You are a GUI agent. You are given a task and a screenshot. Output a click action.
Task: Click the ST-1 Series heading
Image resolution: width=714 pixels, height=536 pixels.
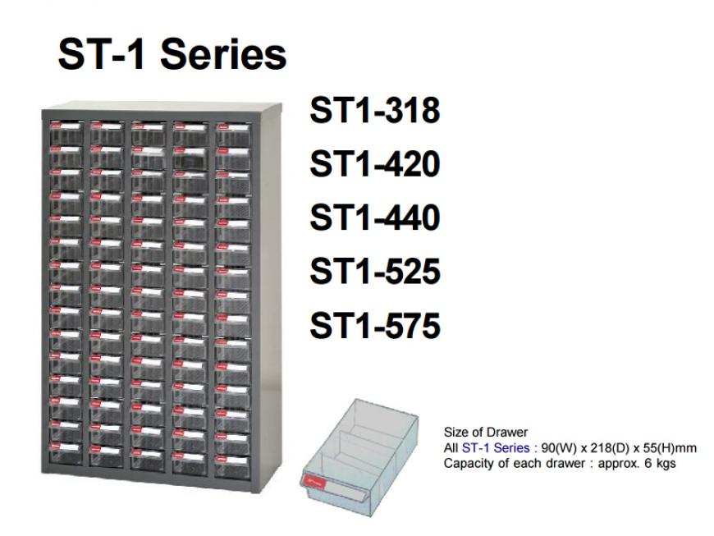[x=172, y=54]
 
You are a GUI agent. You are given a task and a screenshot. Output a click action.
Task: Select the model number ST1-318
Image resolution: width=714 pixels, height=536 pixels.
[x=375, y=110]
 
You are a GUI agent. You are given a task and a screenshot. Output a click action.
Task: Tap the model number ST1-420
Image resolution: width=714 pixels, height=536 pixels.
[x=375, y=164]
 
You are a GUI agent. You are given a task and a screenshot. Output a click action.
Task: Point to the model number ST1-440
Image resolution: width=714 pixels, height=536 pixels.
[x=375, y=218]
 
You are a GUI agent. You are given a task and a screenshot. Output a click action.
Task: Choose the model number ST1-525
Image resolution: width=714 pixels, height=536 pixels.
[x=375, y=272]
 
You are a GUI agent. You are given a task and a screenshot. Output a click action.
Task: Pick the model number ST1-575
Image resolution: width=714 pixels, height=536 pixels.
[x=375, y=326]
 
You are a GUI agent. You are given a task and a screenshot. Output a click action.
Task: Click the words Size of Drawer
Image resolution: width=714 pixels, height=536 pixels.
[x=485, y=433]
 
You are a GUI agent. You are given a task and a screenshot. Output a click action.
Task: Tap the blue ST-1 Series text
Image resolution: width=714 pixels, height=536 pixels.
[x=496, y=448]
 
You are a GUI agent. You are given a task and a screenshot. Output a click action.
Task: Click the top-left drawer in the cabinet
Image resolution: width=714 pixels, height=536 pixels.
[x=66, y=131]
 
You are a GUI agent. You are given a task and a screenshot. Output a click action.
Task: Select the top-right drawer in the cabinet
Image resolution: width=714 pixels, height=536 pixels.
[x=233, y=132]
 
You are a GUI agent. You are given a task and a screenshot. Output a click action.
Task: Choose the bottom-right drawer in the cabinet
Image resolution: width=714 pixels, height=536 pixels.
[x=233, y=465]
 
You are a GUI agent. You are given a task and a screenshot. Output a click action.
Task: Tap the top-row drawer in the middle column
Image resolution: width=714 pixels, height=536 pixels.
[x=149, y=132]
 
